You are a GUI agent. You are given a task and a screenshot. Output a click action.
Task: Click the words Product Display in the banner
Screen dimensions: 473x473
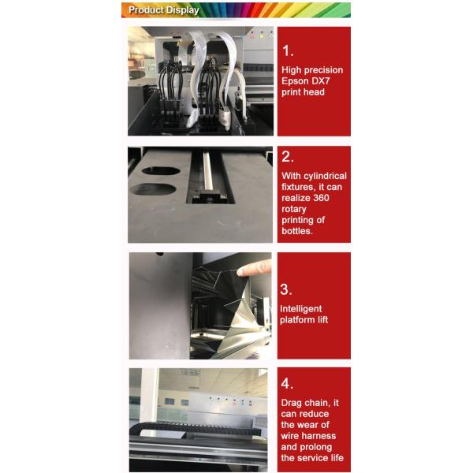(x=164, y=10)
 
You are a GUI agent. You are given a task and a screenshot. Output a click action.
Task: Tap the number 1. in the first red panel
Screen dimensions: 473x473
(x=288, y=50)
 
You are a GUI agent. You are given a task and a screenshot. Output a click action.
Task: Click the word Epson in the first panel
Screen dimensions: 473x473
(x=295, y=81)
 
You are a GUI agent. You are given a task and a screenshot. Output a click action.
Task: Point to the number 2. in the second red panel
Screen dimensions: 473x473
(x=288, y=157)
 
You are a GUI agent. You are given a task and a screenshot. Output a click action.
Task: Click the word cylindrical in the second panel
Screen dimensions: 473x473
(x=325, y=176)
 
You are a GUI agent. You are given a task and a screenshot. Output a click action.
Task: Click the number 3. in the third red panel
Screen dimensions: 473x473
(x=286, y=289)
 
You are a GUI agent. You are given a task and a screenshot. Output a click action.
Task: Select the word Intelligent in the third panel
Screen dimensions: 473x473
(x=301, y=309)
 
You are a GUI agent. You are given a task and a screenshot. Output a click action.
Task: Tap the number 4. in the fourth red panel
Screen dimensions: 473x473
(x=287, y=384)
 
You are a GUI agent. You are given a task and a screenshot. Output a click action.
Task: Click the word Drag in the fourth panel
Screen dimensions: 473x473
(x=291, y=404)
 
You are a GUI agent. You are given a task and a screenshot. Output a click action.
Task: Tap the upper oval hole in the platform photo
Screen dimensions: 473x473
(x=161, y=171)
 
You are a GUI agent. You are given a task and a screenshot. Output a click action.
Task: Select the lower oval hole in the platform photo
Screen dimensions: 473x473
(x=153, y=189)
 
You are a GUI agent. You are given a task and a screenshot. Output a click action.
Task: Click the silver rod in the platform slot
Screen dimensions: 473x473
(x=207, y=170)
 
